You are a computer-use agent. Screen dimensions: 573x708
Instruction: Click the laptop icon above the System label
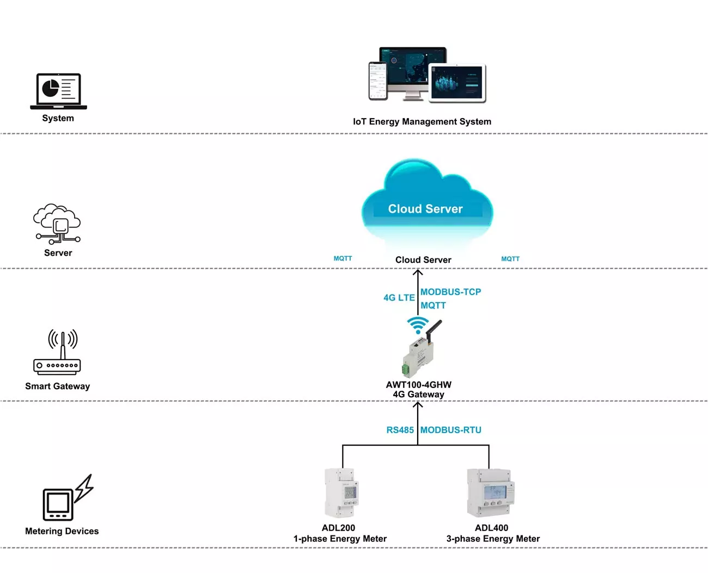pos(58,91)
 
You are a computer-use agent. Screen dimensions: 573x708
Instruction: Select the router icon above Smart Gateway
pos(57,352)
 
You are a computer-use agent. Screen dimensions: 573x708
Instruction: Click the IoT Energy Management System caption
pos(422,121)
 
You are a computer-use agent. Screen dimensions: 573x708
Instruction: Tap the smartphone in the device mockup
pos(378,81)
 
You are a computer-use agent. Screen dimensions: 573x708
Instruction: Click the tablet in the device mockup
pos(456,83)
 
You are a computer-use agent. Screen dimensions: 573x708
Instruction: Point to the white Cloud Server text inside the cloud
pos(425,209)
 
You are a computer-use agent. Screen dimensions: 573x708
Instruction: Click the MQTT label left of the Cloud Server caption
pos(343,258)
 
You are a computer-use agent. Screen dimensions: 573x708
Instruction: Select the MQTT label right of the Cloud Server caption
pos(510,259)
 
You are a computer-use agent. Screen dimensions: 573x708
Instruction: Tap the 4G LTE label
pos(399,298)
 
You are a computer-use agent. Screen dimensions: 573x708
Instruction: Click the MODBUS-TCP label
pos(450,292)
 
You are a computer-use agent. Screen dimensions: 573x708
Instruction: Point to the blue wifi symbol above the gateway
pos(418,325)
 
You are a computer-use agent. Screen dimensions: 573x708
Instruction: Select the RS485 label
pos(400,430)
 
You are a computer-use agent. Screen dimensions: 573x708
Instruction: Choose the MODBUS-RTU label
pos(450,430)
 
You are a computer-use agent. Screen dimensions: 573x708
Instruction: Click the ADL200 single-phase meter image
pos(341,493)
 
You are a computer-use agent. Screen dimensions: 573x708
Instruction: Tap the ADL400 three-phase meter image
pos(491,492)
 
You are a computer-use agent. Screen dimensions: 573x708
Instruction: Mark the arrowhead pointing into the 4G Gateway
pos(418,405)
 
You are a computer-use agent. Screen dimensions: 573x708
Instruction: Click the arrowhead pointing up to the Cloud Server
pos(418,273)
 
